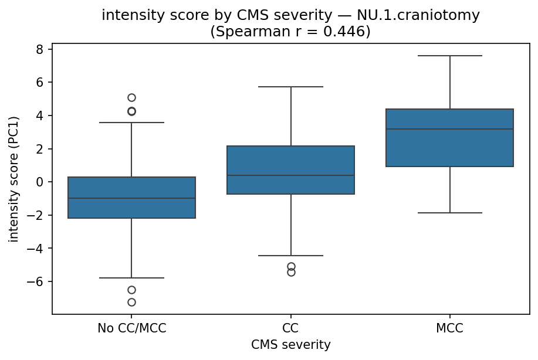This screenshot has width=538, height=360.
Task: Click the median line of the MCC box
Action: pyautogui.click(x=449, y=129)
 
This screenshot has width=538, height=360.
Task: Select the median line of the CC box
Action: pyautogui.click(x=290, y=175)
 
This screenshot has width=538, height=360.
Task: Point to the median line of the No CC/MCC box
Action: pyautogui.click(x=131, y=198)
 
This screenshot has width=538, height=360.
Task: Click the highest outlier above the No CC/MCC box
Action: pyautogui.click(x=131, y=97)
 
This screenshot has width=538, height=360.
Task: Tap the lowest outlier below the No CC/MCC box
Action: pyautogui.click(x=131, y=302)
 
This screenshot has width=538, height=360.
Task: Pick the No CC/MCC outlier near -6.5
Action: pyautogui.click(x=131, y=290)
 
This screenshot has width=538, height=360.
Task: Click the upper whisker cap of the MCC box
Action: pyautogui.click(x=449, y=56)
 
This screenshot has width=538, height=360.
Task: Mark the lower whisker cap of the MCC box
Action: pyautogui.click(x=449, y=213)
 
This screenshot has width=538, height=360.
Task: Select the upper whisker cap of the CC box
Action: pyautogui.click(x=290, y=87)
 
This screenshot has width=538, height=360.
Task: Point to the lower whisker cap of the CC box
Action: pyautogui.click(x=290, y=256)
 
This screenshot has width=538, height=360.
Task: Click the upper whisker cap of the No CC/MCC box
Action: pyautogui.click(x=131, y=123)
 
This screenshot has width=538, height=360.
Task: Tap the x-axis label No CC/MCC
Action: pyautogui.click(x=131, y=329)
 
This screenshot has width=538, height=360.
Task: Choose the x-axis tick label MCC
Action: pyautogui.click(x=449, y=329)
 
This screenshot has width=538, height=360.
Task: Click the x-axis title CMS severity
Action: pyautogui.click(x=290, y=344)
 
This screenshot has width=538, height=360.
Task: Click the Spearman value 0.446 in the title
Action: pyautogui.click(x=350, y=31)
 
